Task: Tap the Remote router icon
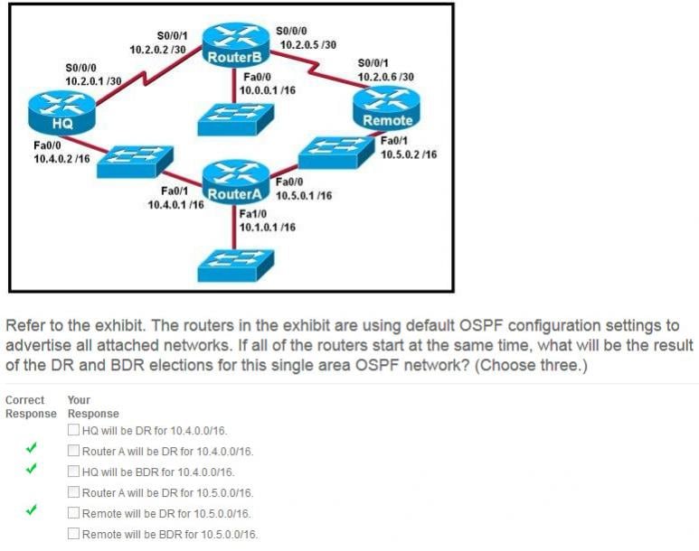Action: click(x=387, y=110)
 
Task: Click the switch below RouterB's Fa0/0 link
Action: click(x=230, y=120)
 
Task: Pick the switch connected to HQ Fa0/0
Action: click(x=131, y=162)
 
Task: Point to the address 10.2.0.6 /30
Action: click(x=386, y=77)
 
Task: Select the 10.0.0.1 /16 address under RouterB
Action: click(x=268, y=90)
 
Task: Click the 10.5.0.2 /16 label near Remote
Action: click(x=409, y=154)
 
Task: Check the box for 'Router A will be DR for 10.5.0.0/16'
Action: click(x=73, y=492)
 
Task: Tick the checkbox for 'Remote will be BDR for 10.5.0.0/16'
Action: click(x=73, y=534)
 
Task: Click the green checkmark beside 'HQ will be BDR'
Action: click(x=31, y=470)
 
